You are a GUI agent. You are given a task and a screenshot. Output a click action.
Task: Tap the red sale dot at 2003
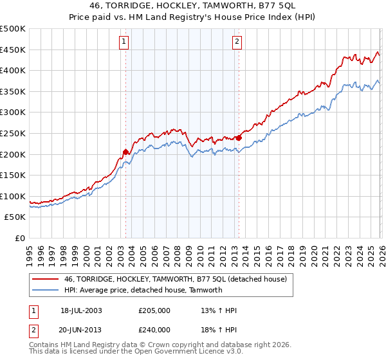coord(125,152)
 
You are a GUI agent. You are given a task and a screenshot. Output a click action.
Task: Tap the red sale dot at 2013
coord(239,137)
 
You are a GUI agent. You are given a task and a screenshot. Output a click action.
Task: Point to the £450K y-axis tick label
coord(13,50)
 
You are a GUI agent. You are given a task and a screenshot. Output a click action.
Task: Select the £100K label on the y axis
coord(13,196)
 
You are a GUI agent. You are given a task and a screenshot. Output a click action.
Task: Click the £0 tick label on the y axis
coord(21,238)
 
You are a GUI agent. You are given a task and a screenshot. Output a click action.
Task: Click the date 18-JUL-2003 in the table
coord(80,310)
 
